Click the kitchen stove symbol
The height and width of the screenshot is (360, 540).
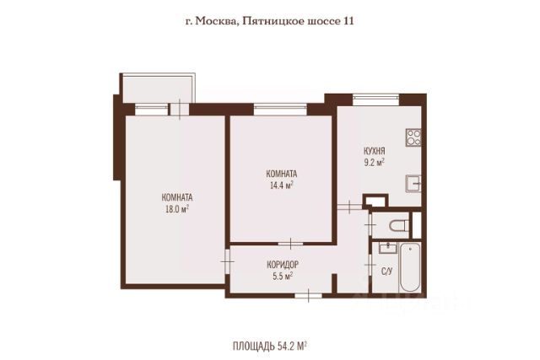tap(413, 137)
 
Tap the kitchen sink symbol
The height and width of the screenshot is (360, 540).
tap(413, 184)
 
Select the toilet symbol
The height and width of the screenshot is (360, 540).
tap(399, 225)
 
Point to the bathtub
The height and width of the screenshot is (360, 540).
tap(410, 267)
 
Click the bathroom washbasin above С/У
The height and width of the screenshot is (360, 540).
tap(388, 248)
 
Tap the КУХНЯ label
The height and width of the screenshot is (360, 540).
tap(375, 151)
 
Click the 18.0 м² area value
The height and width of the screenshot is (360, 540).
tap(177, 209)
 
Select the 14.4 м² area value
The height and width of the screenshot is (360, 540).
tap(281, 185)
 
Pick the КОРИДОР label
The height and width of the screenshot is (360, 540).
tap(283, 265)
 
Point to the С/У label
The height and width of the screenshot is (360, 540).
tap(386, 271)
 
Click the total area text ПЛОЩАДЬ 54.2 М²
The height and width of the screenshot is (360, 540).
tap(270, 346)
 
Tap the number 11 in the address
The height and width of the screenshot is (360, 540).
tap(348, 21)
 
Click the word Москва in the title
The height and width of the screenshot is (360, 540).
tap(215, 22)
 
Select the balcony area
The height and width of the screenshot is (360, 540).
tap(158, 89)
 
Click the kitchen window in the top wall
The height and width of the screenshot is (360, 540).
tap(375, 99)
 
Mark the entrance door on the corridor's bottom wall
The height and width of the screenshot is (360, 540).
tap(308, 295)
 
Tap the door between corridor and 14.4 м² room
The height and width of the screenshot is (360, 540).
tap(290, 244)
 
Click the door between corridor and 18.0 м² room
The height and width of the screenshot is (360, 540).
tap(227, 261)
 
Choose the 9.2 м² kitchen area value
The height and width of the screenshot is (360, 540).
tap(375, 163)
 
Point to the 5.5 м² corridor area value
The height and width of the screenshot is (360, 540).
tap(283, 276)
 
